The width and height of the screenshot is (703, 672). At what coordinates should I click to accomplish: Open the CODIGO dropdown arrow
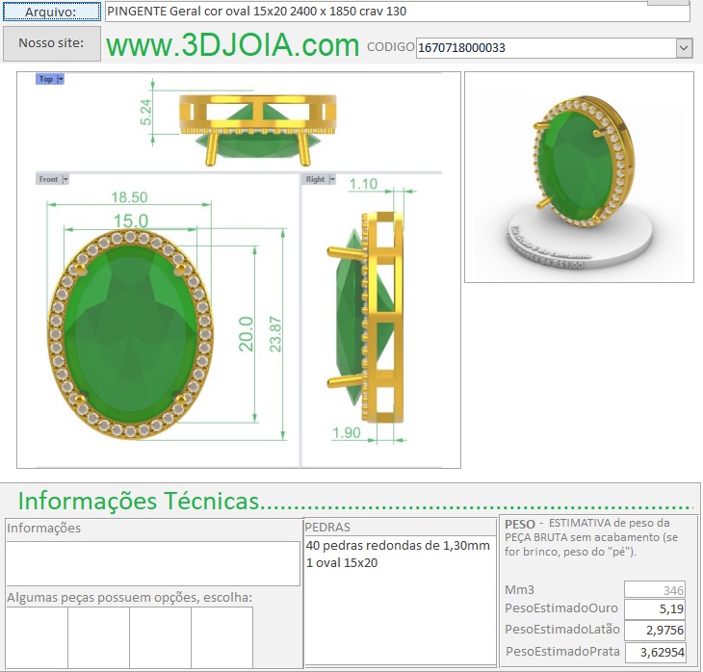pyautogui.click(x=684, y=47)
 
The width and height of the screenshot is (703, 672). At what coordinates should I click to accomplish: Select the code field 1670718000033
pyautogui.click(x=544, y=47)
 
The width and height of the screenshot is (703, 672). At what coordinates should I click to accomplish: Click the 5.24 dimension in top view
pyautogui.click(x=146, y=114)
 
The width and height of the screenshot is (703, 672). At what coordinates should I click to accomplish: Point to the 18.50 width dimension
pyautogui.click(x=129, y=196)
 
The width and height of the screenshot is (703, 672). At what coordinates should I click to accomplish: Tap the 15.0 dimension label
pyautogui.click(x=129, y=220)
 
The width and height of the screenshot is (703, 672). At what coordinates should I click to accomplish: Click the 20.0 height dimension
pyautogui.click(x=247, y=333)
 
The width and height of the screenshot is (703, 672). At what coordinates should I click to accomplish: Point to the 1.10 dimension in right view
pyautogui.click(x=363, y=184)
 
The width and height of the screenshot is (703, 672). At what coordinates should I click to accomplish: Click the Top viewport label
pyautogui.click(x=46, y=79)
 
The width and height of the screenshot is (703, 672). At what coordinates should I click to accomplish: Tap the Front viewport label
pyautogui.click(x=49, y=179)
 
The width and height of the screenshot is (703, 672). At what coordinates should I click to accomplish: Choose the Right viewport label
pyautogui.click(x=315, y=179)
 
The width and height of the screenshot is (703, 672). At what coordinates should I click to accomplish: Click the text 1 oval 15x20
pyautogui.click(x=342, y=563)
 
